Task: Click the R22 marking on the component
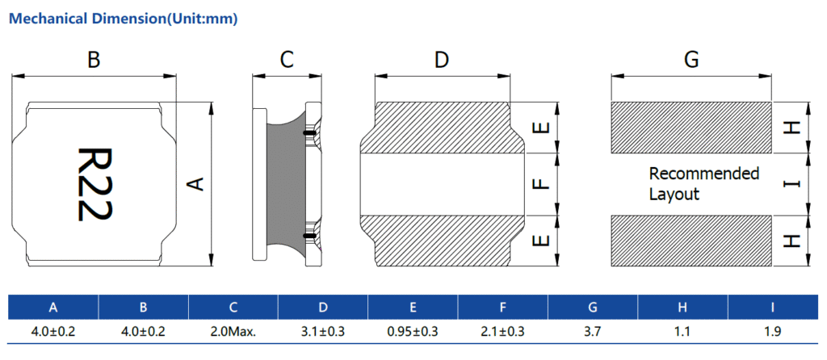[x=94, y=184]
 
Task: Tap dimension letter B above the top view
[x=94, y=60]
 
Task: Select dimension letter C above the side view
[x=287, y=60]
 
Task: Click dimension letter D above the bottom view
[x=441, y=60]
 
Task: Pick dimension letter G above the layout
[x=691, y=60]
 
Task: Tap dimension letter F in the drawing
[x=543, y=184]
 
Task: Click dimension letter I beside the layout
[x=793, y=184]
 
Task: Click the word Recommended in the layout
[x=704, y=174]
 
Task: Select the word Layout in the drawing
[x=674, y=195]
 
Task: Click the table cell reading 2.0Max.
[x=233, y=330]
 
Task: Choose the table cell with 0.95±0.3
[x=413, y=330]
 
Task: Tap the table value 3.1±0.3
[x=323, y=330]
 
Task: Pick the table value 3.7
[x=593, y=330]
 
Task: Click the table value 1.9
[x=773, y=330]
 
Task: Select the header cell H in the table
[x=682, y=307]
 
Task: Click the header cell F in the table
[x=502, y=307]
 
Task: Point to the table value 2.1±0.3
[x=502, y=330]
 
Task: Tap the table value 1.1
[x=682, y=330]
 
